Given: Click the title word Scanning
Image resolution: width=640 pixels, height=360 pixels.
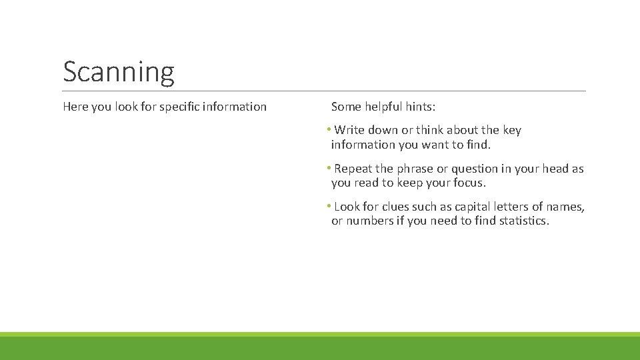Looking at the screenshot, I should coord(119,72).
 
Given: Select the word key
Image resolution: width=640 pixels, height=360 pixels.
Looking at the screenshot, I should coord(512,130).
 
